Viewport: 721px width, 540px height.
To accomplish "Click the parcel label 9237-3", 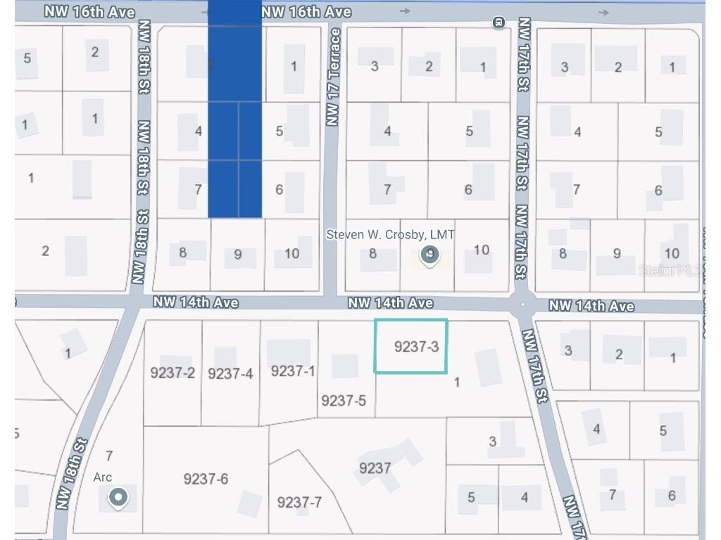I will [x=416, y=346].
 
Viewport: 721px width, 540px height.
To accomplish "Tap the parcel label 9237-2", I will [x=173, y=373].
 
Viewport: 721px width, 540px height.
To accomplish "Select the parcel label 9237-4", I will [x=230, y=373].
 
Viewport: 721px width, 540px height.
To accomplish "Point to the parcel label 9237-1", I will [x=293, y=371].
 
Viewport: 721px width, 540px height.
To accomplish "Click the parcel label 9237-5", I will [x=344, y=400].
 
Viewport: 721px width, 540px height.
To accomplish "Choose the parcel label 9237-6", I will [x=206, y=479].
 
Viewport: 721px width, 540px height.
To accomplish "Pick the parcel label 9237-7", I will [x=299, y=502].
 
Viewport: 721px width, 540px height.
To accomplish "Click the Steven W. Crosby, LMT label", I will [x=390, y=235].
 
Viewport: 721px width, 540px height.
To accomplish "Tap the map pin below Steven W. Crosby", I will [x=430, y=256].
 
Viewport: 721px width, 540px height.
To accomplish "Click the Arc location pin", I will [x=118, y=499].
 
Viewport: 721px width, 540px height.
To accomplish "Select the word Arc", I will [x=103, y=477].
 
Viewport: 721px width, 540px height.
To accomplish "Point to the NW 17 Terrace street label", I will [x=334, y=77].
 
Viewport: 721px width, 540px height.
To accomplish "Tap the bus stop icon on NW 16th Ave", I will [x=499, y=23].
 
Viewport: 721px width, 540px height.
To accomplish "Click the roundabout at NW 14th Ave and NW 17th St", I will [x=522, y=305].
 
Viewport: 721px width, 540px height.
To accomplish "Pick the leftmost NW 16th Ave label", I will [x=89, y=12].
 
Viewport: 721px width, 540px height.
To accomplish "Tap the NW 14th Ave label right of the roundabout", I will [x=591, y=306].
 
